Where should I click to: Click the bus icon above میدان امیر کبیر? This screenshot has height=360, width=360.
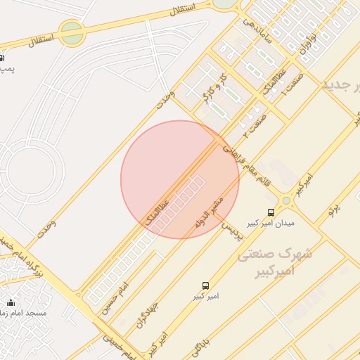(271, 212)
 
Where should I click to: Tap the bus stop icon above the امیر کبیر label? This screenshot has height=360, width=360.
(205, 286)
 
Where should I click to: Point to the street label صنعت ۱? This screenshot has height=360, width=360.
(290, 83)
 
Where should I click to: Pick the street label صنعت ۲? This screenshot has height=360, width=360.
(254, 124)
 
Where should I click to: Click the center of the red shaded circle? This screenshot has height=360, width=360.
(180, 179)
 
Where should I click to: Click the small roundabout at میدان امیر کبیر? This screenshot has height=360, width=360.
(286, 201)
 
